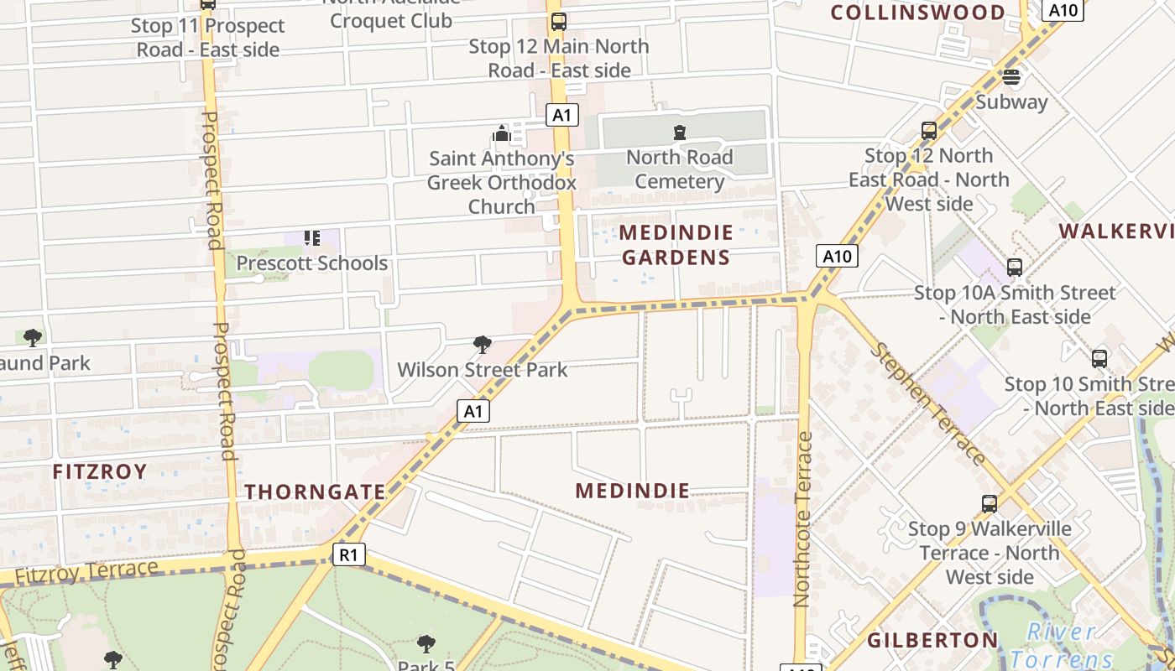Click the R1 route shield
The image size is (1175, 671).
click(x=349, y=554)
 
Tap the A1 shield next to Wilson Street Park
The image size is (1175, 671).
click(x=473, y=410)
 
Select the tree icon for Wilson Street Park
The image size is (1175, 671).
click(x=482, y=344)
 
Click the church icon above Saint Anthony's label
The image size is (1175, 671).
click(x=502, y=133)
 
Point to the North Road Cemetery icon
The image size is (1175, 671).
click(x=679, y=133)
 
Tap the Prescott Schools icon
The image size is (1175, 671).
click(x=312, y=238)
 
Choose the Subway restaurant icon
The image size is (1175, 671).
click(x=1011, y=77)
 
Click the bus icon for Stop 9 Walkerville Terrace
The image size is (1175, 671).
click(x=990, y=504)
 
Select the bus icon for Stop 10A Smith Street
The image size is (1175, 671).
click(x=1015, y=268)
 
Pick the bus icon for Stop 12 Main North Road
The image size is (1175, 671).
click(x=558, y=22)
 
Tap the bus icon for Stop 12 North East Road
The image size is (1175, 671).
click(x=929, y=131)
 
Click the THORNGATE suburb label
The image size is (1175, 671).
click(x=315, y=492)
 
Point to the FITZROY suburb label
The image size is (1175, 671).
click(x=100, y=471)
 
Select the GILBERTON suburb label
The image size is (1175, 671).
click(x=932, y=641)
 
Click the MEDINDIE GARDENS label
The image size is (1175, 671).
click(x=676, y=244)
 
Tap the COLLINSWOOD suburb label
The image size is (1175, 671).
click(x=917, y=13)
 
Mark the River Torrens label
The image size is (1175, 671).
click(x=1063, y=645)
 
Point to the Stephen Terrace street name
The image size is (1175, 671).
click(x=927, y=403)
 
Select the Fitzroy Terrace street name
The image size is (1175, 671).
click(x=86, y=573)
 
